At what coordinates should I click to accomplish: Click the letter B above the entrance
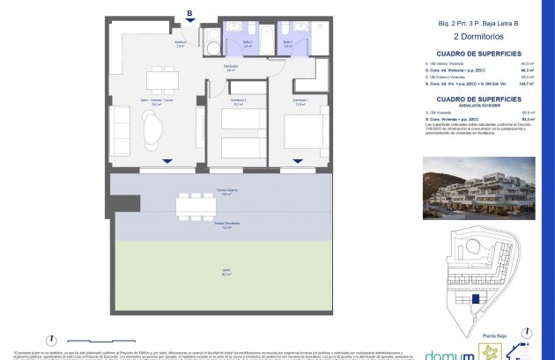click(x=189, y=12)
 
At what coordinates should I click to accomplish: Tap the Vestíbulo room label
click(x=180, y=44)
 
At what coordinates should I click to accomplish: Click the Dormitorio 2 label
click(x=239, y=101)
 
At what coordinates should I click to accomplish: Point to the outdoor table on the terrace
click(x=196, y=205)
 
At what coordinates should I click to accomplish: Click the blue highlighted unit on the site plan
click(x=477, y=299)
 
